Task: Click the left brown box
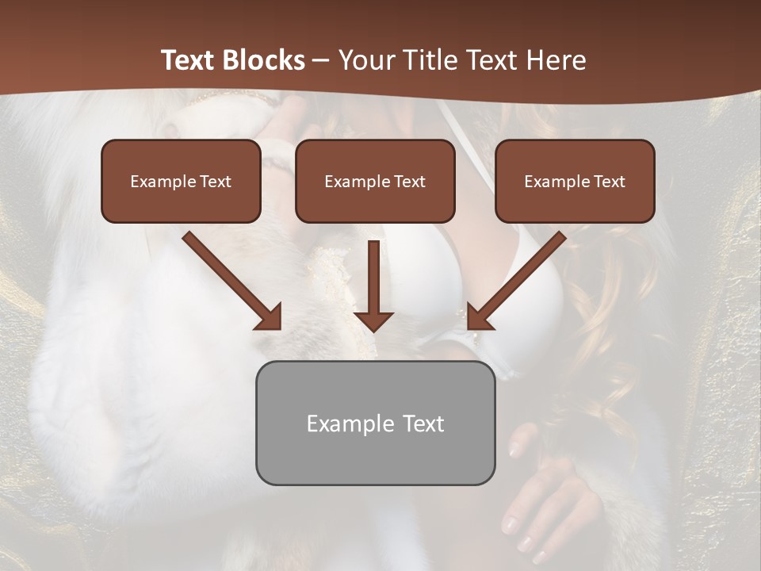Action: tap(181, 181)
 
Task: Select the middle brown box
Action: tap(375, 181)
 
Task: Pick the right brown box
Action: tap(575, 181)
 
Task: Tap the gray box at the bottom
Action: tap(375, 423)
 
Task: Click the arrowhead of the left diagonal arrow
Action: tap(270, 317)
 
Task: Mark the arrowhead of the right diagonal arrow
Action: tap(478, 317)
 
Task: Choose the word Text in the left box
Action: tap(215, 182)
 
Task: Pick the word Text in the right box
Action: tap(609, 182)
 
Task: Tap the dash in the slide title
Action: tap(321, 60)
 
